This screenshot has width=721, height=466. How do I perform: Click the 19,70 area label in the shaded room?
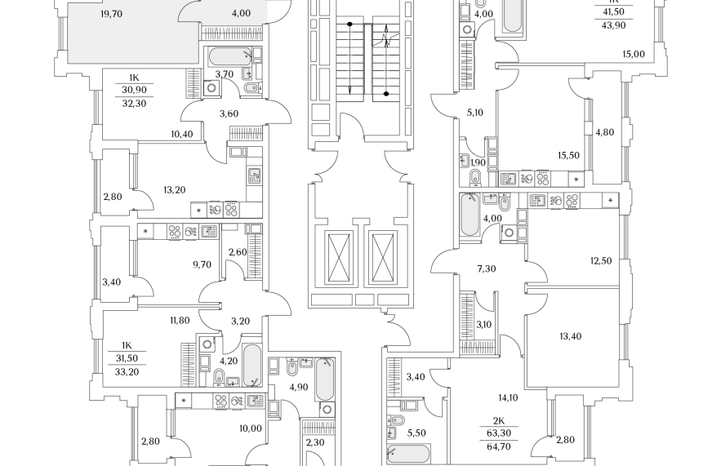[x=111, y=14]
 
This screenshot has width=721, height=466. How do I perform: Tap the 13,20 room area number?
[x=174, y=189]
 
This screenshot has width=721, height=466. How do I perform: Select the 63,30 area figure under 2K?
[x=499, y=433]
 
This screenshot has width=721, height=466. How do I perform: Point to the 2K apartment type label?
[x=499, y=420]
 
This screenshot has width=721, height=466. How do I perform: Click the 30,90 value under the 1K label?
[x=134, y=90]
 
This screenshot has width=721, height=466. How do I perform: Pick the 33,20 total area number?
[x=127, y=372]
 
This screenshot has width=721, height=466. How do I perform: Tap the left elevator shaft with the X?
[x=340, y=259]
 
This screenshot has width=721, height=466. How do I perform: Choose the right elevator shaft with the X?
[x=381, y=259]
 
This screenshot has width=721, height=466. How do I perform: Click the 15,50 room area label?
[x=569, y=155]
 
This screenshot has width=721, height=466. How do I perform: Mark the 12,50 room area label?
[x=601, y=260]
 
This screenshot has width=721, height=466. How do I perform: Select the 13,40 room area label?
[x=570, y=336]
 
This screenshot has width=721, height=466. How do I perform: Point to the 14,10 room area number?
[x=508, y=397]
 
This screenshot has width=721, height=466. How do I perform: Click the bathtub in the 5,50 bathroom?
[x=408, y=454]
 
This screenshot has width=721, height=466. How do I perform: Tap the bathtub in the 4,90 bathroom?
[x=325, y=379]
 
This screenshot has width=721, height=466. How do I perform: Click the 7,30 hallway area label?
[x=487, y=269]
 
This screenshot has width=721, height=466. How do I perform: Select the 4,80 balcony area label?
[x=605, y=132]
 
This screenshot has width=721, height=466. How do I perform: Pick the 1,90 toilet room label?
[x=478, y=162]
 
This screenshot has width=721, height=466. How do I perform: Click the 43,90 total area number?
[x=613, y=26]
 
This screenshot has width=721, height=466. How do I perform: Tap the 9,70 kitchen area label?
[x=203, y=264]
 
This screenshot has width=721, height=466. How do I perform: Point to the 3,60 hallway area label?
[x=229, y=113]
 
